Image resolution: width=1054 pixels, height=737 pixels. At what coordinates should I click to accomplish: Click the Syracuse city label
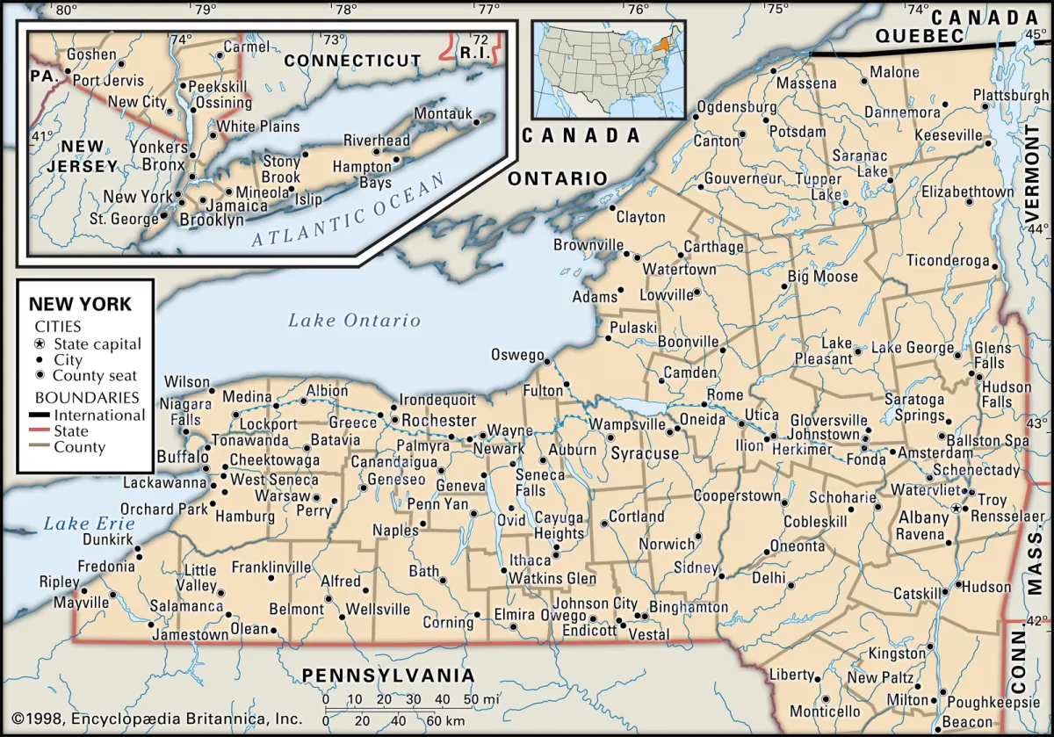pyautogui.click(x=645, y=454)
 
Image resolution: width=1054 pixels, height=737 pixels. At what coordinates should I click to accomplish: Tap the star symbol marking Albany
pyautogui.click(x=957, y=509)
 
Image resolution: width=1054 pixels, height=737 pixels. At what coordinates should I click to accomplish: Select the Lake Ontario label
pyautogui.click(x=354, y=321)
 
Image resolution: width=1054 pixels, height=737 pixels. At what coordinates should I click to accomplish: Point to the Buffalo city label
pyautogui.click(x=183, y=457)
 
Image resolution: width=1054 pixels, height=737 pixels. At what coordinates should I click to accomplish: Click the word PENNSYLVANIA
pyautogui.click(x=388, y=675)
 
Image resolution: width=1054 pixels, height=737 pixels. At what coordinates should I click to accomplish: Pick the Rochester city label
pyautogui.click(x=438, y=421)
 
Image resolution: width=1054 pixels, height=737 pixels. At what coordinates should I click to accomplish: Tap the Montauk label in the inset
pyautogui.click(x=443, y=114)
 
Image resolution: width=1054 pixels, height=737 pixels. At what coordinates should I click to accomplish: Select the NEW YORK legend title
pyautogui.click(x=80, y=305)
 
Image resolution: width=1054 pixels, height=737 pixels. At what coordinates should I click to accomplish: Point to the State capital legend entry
pyautogui.click(x=97, y=344)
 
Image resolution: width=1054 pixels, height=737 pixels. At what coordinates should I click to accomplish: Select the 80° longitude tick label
pyautogui.click(x=65, y=11)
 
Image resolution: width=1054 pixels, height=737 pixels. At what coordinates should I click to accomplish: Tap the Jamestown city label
pyautogui.click(x=190, y=634)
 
